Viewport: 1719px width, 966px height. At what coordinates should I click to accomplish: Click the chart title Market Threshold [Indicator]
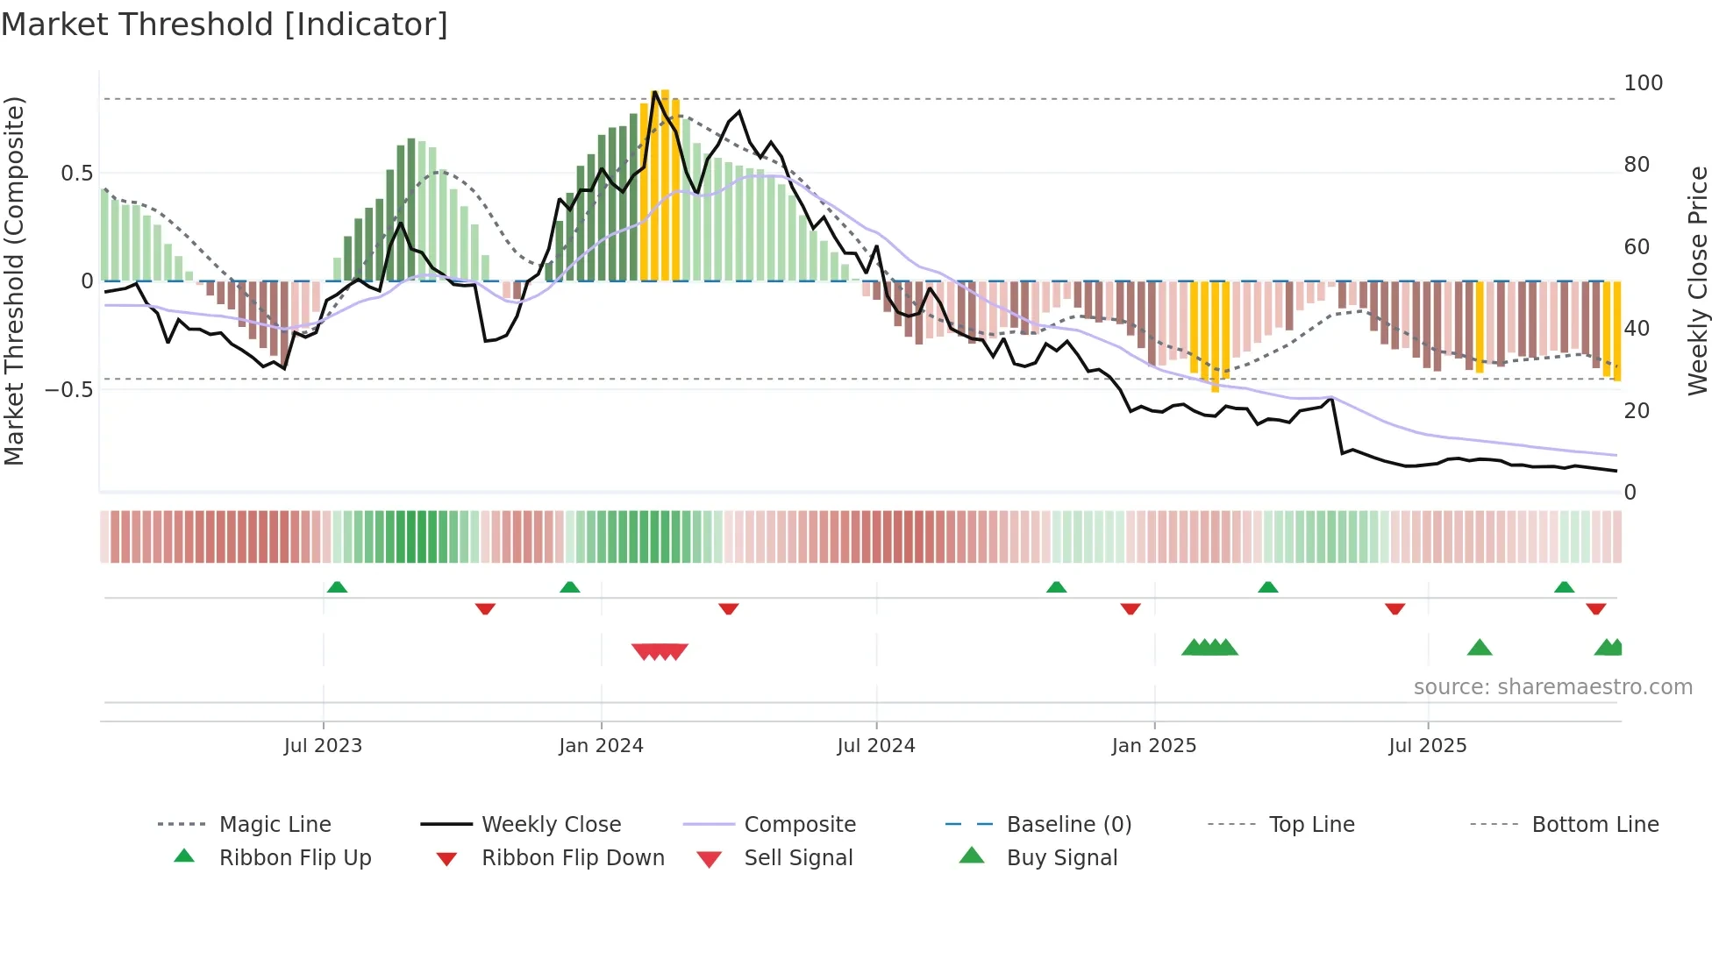click(x=225, y=25)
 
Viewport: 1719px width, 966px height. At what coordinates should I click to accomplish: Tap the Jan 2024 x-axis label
click(x=601, y=746)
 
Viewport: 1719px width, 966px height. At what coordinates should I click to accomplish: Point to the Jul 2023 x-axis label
click(x=323, y=746)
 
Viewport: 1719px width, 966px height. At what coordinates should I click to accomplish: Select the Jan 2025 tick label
click(x=1153, y=746)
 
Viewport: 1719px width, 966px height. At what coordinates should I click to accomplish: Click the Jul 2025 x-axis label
click(x=1427, y=746)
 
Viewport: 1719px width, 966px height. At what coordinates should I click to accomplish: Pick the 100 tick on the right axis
click(x=1643, y=83)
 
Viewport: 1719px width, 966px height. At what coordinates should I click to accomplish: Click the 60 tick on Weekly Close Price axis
click(x=1637, y=247)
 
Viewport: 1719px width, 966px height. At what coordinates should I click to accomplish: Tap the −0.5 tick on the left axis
click(x=68, y=389)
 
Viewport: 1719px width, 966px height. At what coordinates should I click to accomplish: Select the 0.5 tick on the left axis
click(x=76, y=174)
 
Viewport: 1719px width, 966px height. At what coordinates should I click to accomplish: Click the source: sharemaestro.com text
click(x=1552, y=687)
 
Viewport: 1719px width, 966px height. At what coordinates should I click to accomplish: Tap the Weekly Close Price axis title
click(x=1698, y=281)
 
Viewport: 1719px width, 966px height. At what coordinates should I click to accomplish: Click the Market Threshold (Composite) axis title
click(x=14, y=281)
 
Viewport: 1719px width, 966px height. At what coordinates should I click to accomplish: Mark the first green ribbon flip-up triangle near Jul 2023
click(x=337, y=586)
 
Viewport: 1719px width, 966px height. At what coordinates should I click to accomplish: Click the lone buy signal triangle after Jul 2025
click(x=1480, y=648)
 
